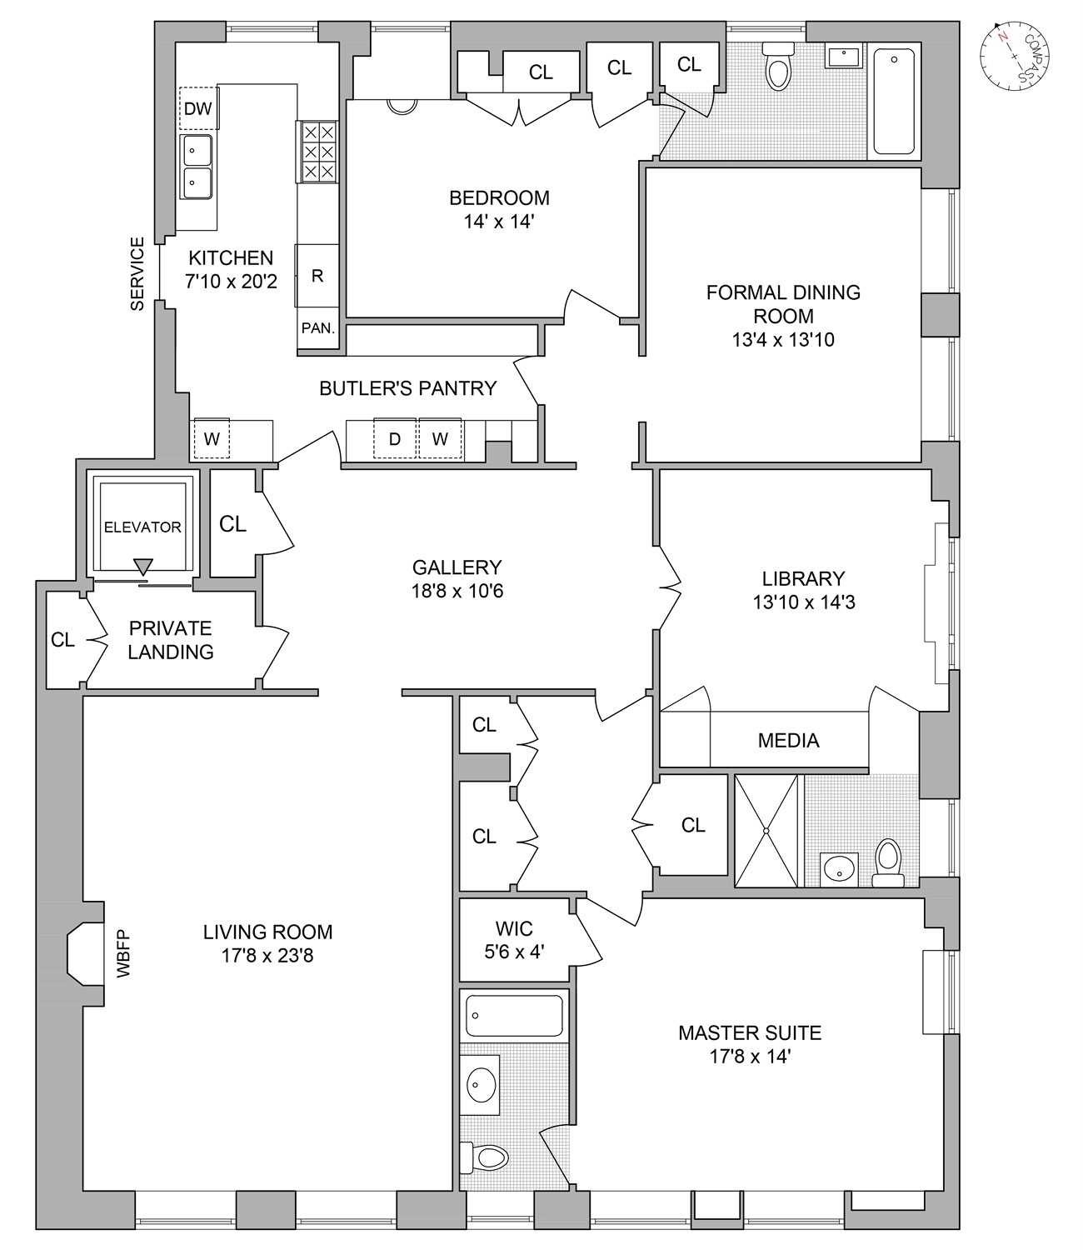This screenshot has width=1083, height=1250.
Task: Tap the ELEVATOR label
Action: coord(142,527)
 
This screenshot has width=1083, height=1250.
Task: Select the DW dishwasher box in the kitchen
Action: coord(198,108)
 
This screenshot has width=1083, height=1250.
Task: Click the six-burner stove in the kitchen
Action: coord(317,152)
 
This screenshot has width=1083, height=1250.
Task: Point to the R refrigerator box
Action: coord(317,276)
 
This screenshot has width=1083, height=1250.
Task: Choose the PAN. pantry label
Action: coord(317,328)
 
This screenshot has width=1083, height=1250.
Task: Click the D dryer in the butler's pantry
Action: coord(395,438)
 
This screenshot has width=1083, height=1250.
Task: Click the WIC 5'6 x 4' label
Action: coord(513,939)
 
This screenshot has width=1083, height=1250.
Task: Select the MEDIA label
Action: coord(788,740)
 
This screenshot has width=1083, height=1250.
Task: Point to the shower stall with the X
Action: coord(766,831)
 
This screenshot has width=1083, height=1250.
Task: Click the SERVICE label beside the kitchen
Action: coord(137,274)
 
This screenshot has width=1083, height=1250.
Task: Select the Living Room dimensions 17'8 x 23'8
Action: coord(268,956)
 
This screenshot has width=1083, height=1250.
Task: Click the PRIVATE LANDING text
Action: coord(171,640)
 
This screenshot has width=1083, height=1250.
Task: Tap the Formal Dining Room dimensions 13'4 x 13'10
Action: coord(783,340)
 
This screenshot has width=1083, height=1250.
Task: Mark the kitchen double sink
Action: coord(197,167)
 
